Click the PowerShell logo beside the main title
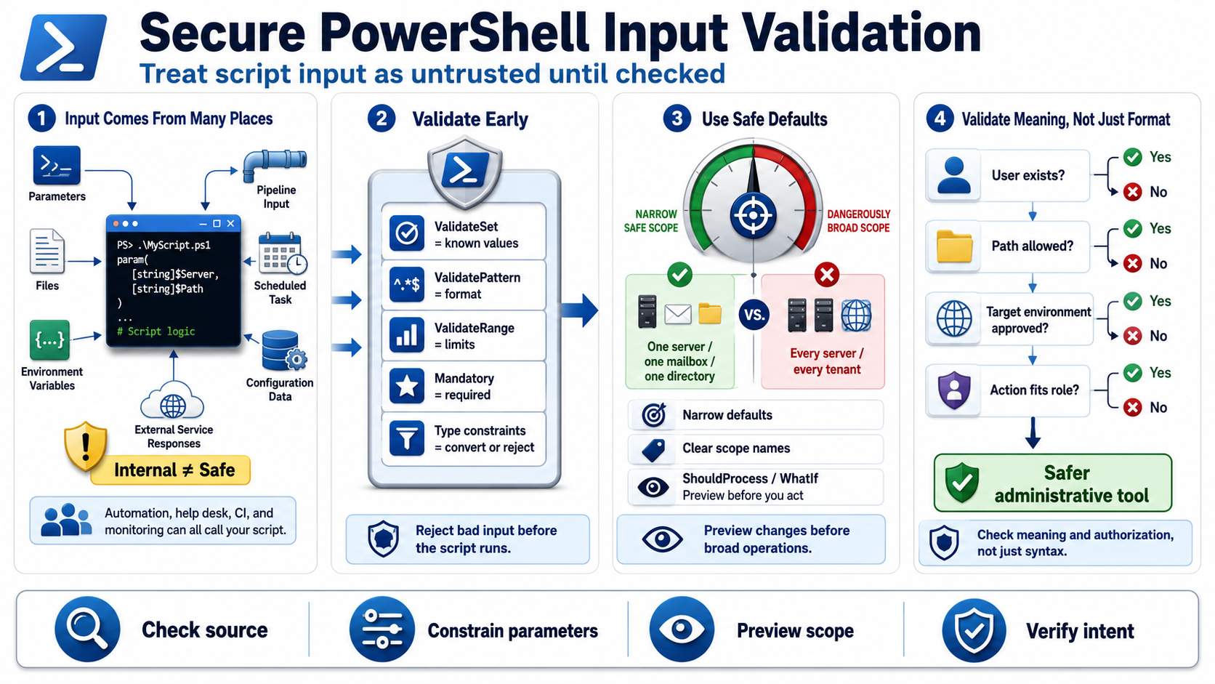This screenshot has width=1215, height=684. tap(64, 48)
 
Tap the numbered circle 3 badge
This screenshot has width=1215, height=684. tap(677, 118)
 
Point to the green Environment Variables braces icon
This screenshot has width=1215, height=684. tap(49, 340)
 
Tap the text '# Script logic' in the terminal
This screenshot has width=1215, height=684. tap(156, 331)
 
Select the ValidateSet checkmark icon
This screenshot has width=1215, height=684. tap(407, 233)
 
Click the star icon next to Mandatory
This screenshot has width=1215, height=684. tap(407, 386)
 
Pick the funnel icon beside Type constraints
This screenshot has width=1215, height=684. tap(407, 438)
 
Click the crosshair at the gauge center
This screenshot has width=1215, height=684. tap(753, 215)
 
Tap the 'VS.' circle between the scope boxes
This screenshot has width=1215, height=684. tap(754, 315)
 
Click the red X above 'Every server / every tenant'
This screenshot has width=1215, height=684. tap(827, 275)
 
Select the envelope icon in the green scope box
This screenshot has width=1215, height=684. tap(678, 314)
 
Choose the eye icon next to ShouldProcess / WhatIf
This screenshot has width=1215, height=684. tap(653, 487)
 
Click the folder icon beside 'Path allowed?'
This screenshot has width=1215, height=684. tap(954, 247)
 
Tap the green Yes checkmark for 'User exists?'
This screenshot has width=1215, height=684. tap(1133, 157)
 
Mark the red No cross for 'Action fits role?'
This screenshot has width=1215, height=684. tap(1133, 407)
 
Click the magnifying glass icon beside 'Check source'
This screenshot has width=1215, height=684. tap(87, 629)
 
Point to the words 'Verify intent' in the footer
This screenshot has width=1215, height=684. tap(1080, 631)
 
